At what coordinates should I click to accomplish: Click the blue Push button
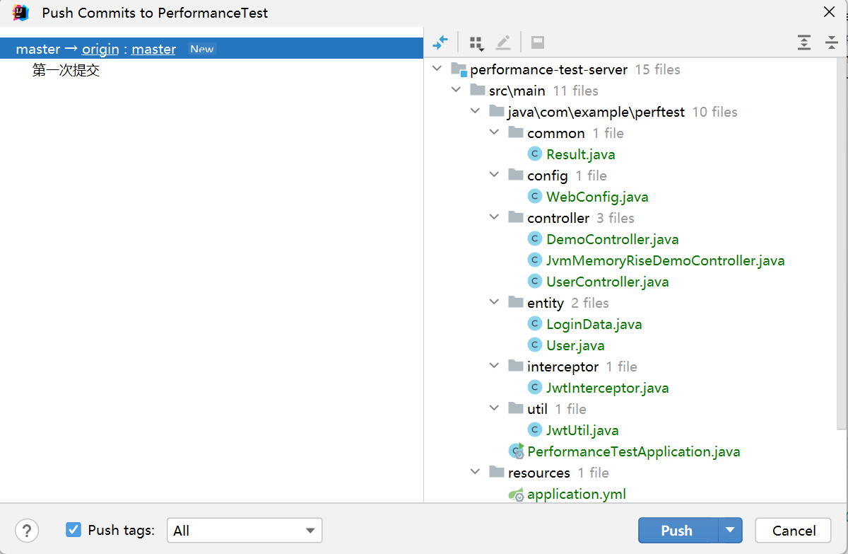point(678,530)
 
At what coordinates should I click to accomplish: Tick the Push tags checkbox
point(73,530)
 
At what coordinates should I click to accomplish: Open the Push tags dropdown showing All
point(245,530)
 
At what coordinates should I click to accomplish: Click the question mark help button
point(27,531)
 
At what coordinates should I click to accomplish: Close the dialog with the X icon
point(829,12)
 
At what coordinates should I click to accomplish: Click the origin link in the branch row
point(100,49)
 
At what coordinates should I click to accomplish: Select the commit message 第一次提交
point(66,70)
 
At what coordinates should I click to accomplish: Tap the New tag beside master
point(202,49)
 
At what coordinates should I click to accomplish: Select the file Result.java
point(581,154)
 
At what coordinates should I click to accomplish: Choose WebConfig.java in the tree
point(597,197)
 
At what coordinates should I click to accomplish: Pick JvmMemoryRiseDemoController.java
point(665,260)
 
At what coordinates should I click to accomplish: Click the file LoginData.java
point(594,324)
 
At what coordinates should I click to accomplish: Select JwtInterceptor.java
point(607,388)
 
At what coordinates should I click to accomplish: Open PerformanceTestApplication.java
point(633,451)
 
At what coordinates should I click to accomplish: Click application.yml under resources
point(576,494)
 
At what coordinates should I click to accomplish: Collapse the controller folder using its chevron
point(495,217)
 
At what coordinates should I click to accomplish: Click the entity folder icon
point(516,302)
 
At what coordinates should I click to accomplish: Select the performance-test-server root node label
point(548,69)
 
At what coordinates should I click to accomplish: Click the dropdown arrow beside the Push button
point(730,530)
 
